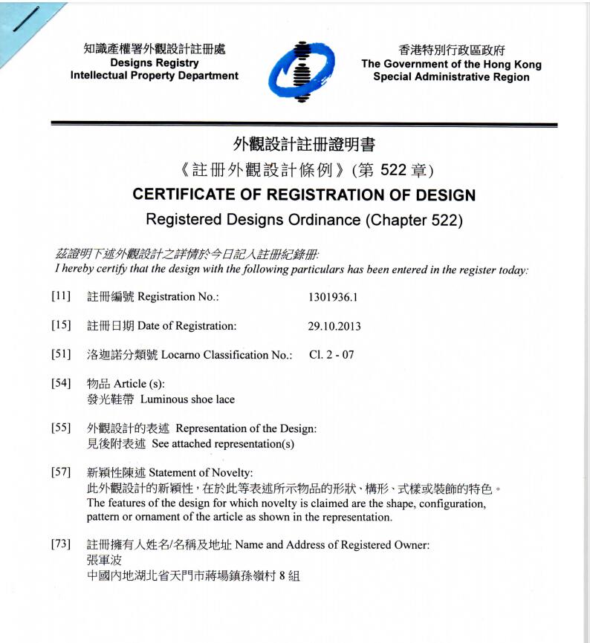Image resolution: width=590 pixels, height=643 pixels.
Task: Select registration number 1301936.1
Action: pyautogui.click(x=333, y=297)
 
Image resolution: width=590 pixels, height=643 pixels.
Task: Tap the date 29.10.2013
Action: pyautogui.click(x=334, y=326)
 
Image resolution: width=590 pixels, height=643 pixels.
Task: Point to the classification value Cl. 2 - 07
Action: pyautogui.click(x=331, y=355)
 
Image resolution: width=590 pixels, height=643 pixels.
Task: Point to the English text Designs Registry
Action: pyautogui.click(x=154, y=63)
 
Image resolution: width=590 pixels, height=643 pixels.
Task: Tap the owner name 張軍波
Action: pyautogui.click(x=103, y=560)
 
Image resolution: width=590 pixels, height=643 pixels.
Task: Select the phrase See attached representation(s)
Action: pyautogui.click(x=223, y=444)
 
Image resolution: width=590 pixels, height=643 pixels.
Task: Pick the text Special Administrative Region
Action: pyautogui.click(x=451, y=77)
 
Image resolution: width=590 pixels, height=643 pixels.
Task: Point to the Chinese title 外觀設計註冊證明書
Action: pyautogui.click(x=304, y=145)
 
